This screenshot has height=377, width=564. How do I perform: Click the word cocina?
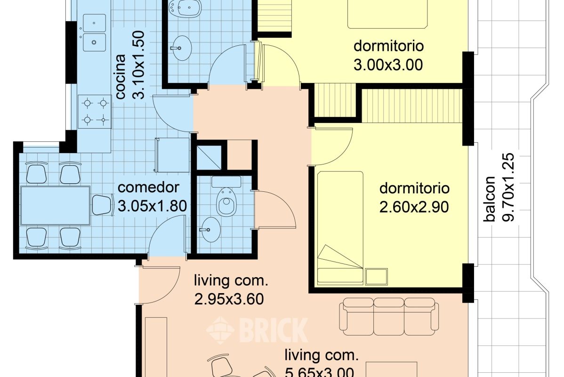click(121, 76)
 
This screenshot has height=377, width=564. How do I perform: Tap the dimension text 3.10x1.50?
click(139, 65)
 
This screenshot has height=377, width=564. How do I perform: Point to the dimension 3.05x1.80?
click(152, 205)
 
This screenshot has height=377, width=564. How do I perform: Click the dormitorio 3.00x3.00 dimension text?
click(388, 65)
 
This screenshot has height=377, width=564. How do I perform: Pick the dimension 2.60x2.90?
click(414, 206)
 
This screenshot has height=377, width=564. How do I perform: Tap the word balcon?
click(490, 198)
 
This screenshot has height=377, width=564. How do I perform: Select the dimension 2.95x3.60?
click(228, 299)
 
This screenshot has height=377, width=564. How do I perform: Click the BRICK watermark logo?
click(258, 329)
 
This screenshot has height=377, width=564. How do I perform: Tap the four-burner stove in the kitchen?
click(94, 111)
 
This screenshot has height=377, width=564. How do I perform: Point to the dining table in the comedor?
click(56, 205)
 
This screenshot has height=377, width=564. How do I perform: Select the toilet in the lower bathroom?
click(226, 201)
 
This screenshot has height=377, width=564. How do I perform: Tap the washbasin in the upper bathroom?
click(180, 47)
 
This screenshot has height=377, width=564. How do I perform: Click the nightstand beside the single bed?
click(376, 276)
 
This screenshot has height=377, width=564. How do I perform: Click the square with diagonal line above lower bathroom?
click(209, 155)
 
